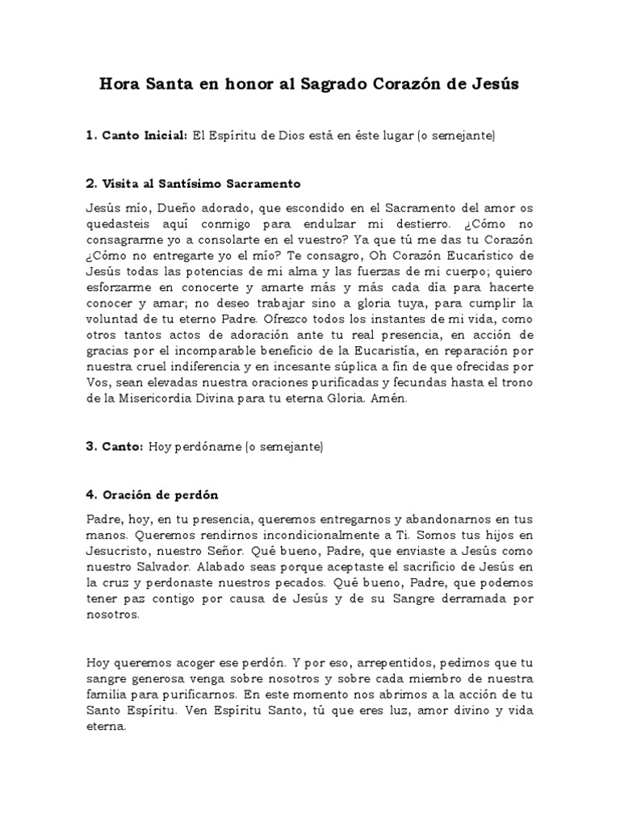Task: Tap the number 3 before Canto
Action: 90,446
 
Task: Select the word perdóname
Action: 207,446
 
